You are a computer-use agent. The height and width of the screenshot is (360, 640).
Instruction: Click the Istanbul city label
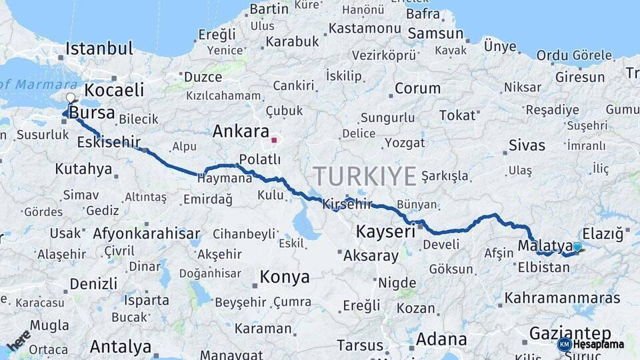99,49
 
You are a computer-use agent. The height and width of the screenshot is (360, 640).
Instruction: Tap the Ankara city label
241,131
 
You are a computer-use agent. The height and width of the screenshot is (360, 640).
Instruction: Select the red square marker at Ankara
274,141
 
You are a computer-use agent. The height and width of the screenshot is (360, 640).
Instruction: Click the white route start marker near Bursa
71,97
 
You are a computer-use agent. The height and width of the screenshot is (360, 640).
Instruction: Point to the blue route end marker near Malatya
577,247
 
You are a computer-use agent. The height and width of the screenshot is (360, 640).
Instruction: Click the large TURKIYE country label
365,176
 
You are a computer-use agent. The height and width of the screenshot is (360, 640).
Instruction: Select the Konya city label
285,277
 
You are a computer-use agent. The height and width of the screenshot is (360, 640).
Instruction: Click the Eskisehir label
109,142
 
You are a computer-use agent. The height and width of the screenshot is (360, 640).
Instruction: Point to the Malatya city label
545,245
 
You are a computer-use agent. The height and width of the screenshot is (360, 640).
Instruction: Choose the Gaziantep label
570,333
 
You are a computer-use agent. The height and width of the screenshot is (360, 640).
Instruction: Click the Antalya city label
121,347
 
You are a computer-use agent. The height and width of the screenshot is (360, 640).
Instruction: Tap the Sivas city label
527,145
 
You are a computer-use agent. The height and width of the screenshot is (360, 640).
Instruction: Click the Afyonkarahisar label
147,233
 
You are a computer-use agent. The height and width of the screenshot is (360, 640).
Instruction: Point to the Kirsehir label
347,204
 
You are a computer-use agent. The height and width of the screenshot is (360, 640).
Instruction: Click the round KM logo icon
565,344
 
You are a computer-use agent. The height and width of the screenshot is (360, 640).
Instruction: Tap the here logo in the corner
18,341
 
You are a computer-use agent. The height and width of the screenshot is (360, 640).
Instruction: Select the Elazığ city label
603,234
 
